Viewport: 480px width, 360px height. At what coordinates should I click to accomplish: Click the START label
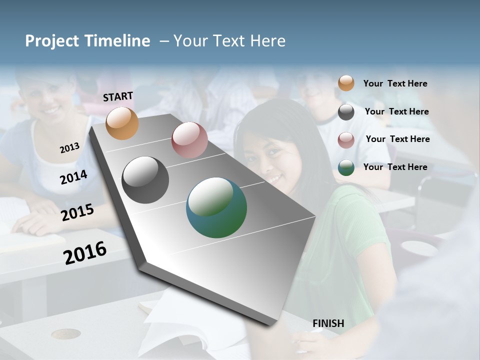click(x=118, y=96)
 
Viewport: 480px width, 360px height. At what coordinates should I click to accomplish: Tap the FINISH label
click(x=328, y=323)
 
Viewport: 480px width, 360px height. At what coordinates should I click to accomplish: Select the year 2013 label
click(x=69, y=148)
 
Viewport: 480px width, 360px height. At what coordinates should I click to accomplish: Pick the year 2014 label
click(x=73, y=177)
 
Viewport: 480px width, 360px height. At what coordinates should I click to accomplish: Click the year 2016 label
click(x=85, y=252)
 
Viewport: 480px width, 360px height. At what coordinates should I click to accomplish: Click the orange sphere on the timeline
click(x=122, y=123)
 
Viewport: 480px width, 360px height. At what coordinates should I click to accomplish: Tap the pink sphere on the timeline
click(x=189, y=140)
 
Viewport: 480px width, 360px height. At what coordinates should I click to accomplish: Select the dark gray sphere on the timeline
click(x=145, y=180)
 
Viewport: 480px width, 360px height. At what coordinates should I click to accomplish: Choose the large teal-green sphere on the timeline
click(x=216, y=207)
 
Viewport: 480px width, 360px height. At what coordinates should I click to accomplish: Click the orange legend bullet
click(x=346, y=83)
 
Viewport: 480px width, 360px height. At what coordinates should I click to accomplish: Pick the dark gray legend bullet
click(x=346, y=112)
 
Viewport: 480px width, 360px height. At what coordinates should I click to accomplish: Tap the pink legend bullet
click(x=346, y=140)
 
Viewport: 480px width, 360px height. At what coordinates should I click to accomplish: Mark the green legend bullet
click(x=346, y=167)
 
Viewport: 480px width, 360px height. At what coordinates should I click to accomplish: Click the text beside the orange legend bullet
click(x=395, y=83)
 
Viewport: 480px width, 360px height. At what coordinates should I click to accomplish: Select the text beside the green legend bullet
click(x=395, y=167)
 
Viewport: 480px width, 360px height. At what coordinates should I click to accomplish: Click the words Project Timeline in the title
click(x=87, y=41)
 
